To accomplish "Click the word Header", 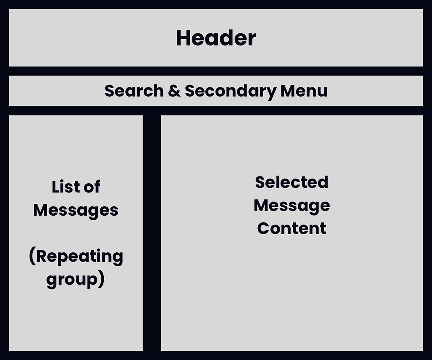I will coord(216,38).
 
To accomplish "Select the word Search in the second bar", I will coord(134,91).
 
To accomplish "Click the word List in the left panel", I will coord(65,187).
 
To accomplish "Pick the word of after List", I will coord(92,187).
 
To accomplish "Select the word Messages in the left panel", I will coord(76,210).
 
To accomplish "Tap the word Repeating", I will coord(79,257).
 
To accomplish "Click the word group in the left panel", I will coord(72,280).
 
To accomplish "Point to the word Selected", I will coord(292,182).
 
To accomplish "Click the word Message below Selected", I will coord(292,206).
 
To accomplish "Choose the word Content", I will coord(292,228).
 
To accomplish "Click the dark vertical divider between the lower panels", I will coord(152,233).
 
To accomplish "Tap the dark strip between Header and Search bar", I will coord(216,71).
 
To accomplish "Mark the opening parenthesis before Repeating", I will coord(32,257).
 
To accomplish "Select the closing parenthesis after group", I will coord(101,280).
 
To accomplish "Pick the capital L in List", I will coord(55,187).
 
